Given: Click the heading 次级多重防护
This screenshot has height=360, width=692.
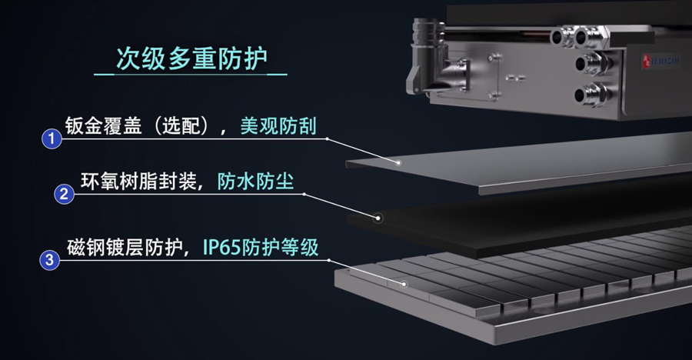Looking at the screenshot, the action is (x=191, y=58).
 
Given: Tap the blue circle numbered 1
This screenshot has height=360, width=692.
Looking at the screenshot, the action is (x=52, y=138).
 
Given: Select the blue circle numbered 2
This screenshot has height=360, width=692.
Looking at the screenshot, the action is (x=64, y=194).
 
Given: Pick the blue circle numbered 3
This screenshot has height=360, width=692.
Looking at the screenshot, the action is (x=49, y=260).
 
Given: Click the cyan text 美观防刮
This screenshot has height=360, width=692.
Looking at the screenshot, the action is (x=278, y=126).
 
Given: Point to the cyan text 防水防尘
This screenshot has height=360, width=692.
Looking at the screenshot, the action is (x=255, y=181).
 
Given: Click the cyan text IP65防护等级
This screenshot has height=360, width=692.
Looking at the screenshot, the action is (x=261, y=248).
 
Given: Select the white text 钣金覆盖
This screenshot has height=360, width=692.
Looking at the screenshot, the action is (x=103, y=126).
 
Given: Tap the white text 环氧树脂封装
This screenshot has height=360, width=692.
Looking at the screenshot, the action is (x=138, y=181).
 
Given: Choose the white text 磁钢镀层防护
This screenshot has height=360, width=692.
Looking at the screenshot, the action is (x=125, y=248).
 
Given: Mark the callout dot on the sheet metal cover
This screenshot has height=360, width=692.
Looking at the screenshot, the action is (x=398, y=162).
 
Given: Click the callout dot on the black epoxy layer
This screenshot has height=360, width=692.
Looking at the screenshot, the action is (x=378, y=218).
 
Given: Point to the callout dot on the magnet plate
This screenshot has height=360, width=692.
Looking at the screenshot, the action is (x=404, y=284).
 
